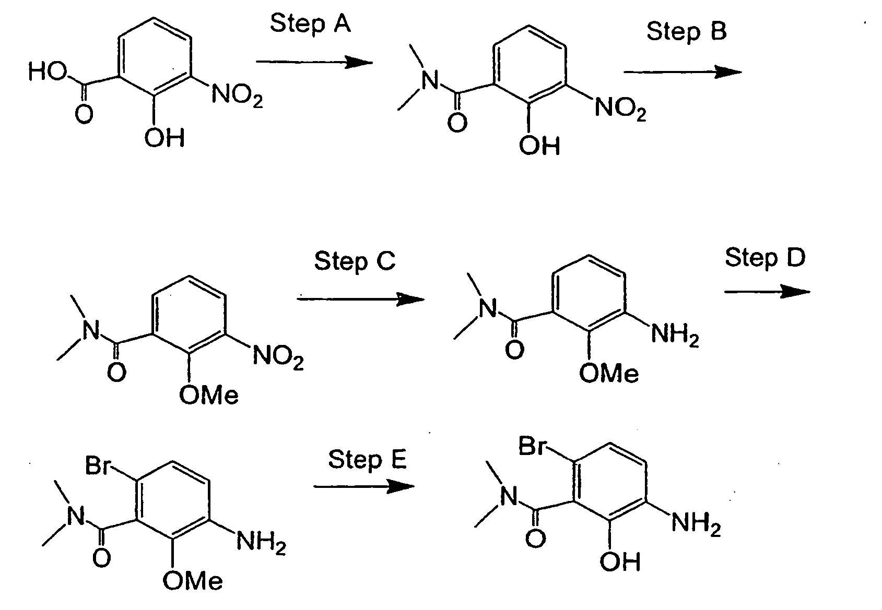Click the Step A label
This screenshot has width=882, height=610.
click(310, 25)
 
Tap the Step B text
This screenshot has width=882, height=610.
click(686, 32)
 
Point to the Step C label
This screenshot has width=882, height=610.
click(355, 261)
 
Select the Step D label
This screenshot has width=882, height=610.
click(766, 258)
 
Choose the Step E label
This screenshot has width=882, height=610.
click(367, 460)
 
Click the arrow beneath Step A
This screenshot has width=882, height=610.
click(314, 62)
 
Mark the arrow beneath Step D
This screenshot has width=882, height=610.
click(768, 292)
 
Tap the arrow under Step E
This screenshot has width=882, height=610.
click(364, 487)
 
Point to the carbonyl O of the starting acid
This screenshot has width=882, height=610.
click(84, 114)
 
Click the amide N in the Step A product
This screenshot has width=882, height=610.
click(430, 80)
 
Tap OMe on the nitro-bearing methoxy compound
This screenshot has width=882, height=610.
click(209, 394)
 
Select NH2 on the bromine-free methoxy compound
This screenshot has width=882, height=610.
click(675, 336)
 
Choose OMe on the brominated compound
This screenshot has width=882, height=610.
click(193, 581)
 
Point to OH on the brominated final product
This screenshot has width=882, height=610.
click(620, 561)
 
